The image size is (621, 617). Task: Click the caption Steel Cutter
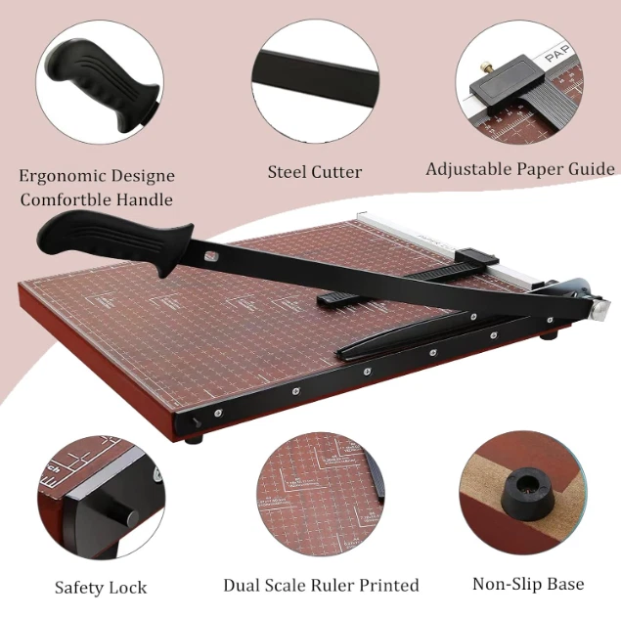(315, 172)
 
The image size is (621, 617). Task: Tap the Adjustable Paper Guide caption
(519, 169)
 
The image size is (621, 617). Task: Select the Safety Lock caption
(101, 588)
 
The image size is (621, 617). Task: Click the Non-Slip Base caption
(528, 585)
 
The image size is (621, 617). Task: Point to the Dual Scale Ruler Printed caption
(321, 586)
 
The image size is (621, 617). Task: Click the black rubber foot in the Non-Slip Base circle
(517, 489)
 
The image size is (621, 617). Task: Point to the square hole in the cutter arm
(209, 257)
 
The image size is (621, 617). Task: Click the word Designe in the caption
(143, 176)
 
